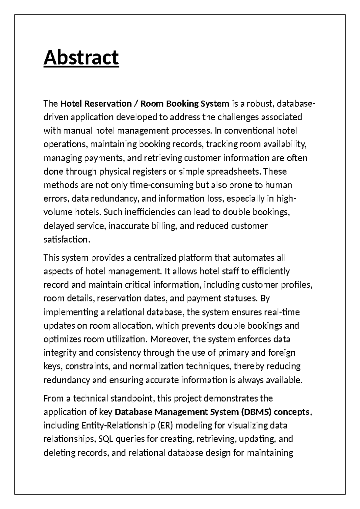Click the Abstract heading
[81, 58]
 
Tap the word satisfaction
[67, 239]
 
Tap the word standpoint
[132, 398]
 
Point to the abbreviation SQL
[104, 439]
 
